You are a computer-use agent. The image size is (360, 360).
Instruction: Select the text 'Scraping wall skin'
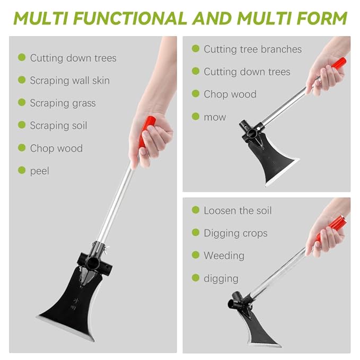click(69, 81)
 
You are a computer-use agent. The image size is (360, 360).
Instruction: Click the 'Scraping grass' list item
click(63, 103)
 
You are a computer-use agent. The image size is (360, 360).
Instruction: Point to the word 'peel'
click(39, 171)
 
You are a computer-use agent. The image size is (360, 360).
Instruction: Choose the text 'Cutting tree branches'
click(252, 49)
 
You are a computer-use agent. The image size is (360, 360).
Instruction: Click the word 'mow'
click(215, 117)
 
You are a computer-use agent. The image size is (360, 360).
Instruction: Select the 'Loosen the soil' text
click(238, 210)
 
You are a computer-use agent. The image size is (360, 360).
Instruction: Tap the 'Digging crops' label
click(235, 233)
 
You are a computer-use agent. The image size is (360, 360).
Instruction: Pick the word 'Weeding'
click(224, 256)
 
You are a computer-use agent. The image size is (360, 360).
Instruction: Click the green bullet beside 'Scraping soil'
click(22, 125)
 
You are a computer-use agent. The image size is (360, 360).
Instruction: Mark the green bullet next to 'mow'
click(196, 116)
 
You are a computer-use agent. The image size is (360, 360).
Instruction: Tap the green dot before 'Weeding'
click(196, 255)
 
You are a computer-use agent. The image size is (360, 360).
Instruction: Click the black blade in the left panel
click(74, 302)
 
